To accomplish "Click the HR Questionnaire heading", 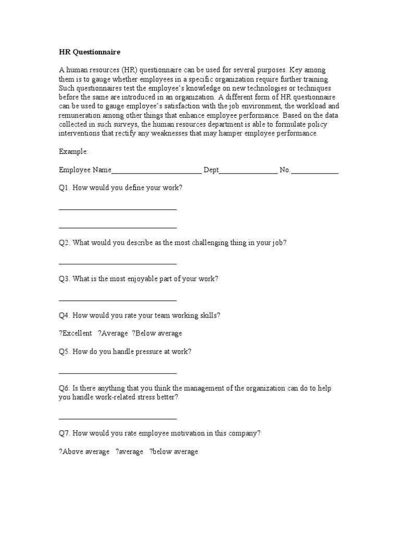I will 90,52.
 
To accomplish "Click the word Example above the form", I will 73,151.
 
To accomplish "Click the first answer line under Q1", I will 118,209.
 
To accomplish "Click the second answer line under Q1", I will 118,227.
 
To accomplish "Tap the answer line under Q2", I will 118,264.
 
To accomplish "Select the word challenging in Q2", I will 210,243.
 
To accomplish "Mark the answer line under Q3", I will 118,300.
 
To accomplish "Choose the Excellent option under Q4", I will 76,334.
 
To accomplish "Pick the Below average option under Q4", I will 157,334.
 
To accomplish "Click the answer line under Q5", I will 118,373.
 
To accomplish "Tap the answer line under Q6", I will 118,418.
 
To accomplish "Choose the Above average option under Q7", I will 84,452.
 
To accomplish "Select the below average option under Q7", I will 174,452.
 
